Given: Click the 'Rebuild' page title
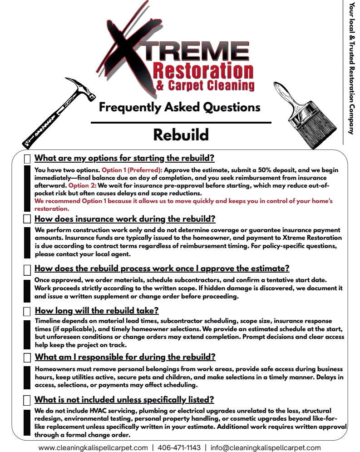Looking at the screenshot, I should click(181, 135).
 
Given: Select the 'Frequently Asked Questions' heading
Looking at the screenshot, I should click(180, 108).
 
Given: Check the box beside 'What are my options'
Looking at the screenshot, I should click(28, 159).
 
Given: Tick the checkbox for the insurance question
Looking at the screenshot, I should click(28, 219).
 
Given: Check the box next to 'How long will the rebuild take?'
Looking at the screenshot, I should click(28, 311).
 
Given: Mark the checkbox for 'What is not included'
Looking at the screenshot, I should click(28, 400).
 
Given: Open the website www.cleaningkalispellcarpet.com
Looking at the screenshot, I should click(93, 447).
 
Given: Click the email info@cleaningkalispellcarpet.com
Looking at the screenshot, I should click(266, 447).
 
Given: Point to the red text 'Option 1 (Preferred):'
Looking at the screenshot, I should click(132, 170).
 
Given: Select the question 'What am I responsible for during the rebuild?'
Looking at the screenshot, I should click(125, 357).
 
